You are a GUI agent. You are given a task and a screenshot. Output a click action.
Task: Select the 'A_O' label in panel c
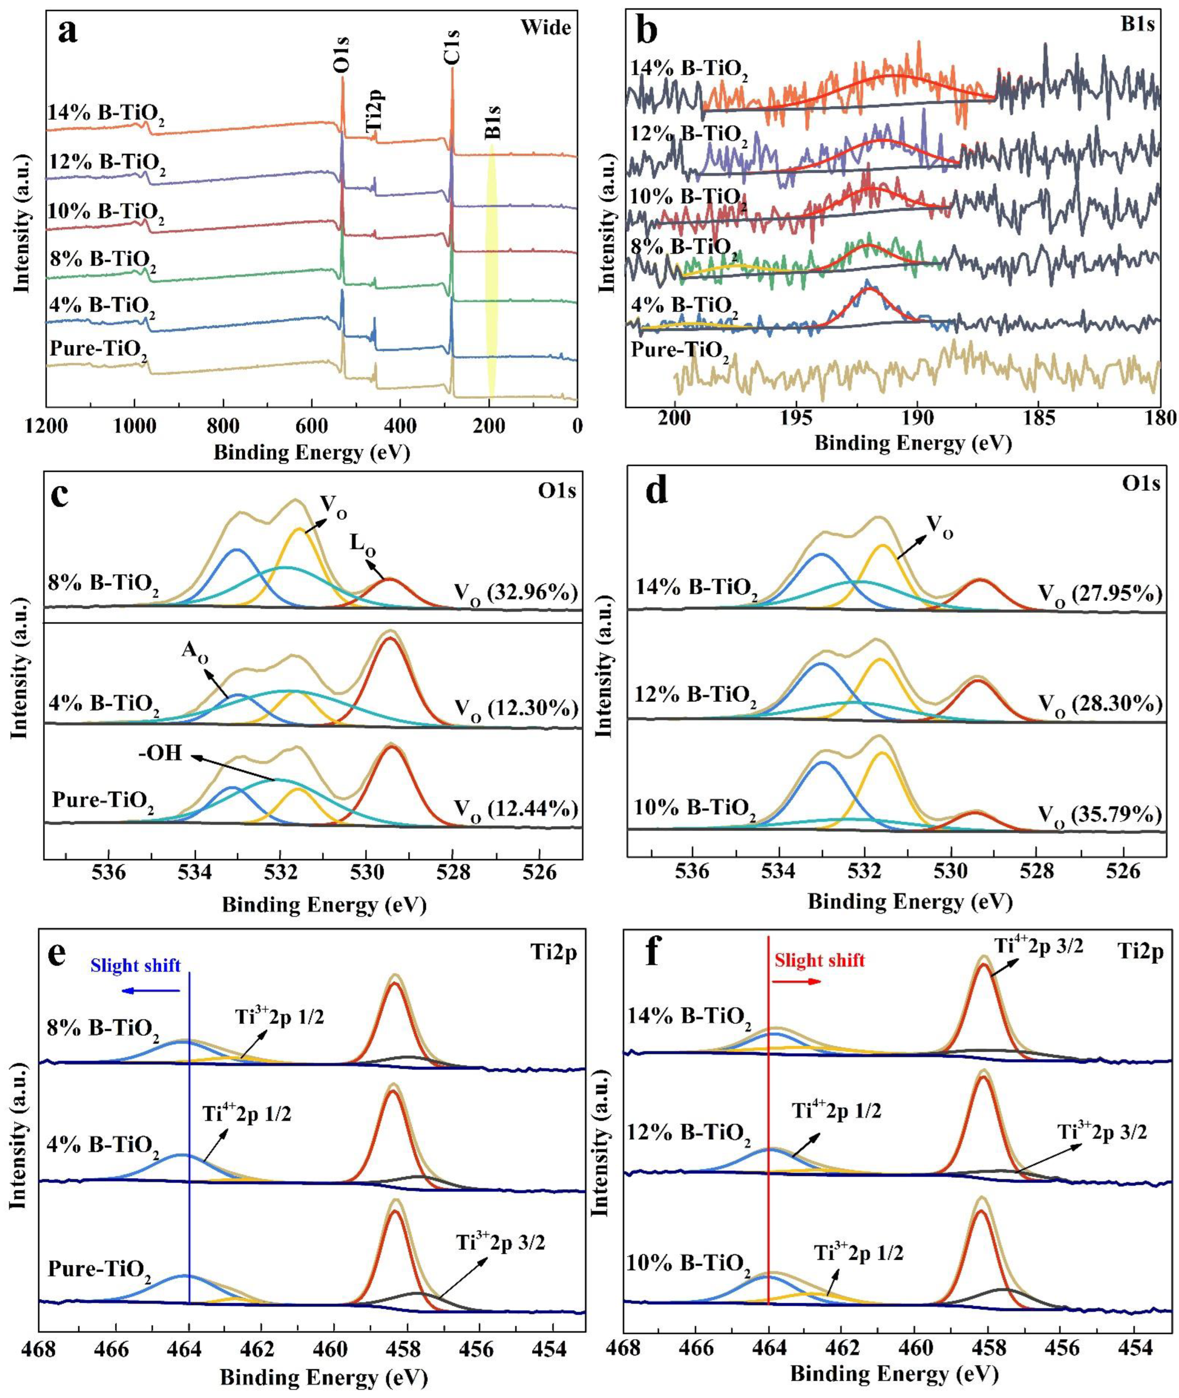(x=194, y=653)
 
